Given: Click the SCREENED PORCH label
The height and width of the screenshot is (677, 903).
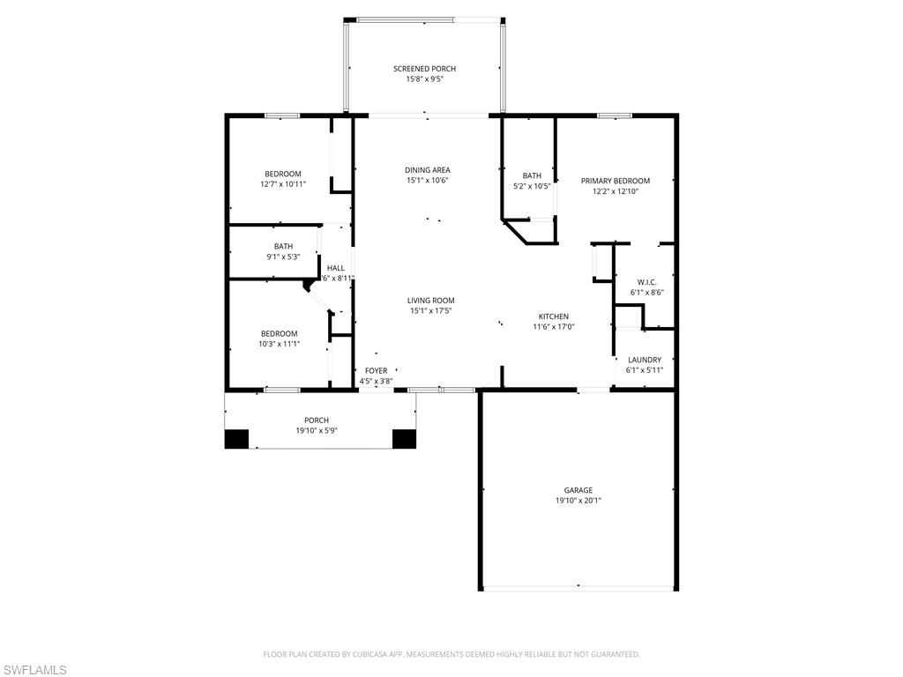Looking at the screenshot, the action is (x=424, y=69).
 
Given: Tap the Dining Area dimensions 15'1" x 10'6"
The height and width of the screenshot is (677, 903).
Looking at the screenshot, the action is (x=428, y=180).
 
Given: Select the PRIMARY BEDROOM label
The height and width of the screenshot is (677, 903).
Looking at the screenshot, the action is (x=615, y=181).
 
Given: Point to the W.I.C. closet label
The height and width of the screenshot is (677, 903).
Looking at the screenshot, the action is (x=646, y=282).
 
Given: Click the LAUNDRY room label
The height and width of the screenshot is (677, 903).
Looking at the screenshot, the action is (x=645, y=360).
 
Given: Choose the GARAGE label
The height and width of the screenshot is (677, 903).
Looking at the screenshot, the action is (x=578, y=490).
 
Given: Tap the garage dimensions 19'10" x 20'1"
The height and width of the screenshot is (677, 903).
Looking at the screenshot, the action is (x=578, y=501).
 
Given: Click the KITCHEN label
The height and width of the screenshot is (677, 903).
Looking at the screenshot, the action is (x=554, y=316).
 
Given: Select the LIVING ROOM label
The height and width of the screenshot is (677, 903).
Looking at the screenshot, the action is (x=430, y=301).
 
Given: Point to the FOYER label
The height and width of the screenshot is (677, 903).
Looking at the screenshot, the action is (x=376, y=371).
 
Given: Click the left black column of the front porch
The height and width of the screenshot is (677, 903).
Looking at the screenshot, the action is (x=236, y=439).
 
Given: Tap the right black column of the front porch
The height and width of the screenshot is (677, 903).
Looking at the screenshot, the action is (x=404, y=439).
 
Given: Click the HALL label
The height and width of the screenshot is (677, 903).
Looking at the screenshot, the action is (x=336, y=268).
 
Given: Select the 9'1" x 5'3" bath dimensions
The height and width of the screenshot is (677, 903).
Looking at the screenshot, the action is (x=283, y=257).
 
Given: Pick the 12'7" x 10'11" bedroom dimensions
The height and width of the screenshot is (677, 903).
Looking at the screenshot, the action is (x=283, y=184).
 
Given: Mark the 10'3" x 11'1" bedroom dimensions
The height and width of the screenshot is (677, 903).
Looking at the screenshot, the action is (x=280, y=345).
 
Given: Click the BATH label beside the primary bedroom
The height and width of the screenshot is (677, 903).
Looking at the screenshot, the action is (x=532, y=175).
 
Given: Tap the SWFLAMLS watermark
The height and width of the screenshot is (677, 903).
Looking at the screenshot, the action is (x=34, y=670).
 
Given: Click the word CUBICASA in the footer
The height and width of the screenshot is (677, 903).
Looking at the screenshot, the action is (x=369, y=655).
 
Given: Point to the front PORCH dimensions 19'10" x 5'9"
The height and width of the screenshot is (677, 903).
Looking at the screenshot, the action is (x=317, y=430).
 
